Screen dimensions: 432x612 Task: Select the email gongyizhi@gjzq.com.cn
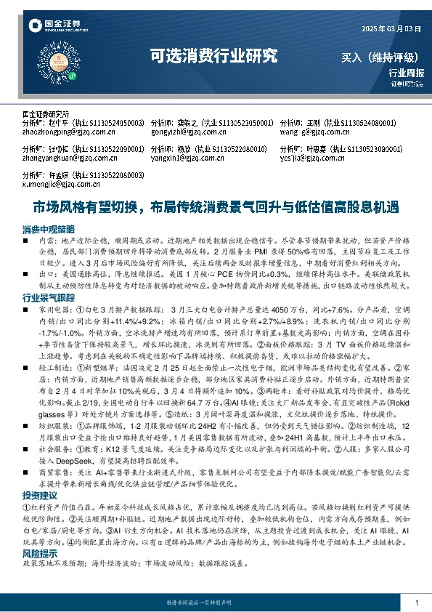tap(184, 132)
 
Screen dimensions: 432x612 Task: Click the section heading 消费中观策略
tap(48, 228)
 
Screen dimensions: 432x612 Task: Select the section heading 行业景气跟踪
tap(48, 298)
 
